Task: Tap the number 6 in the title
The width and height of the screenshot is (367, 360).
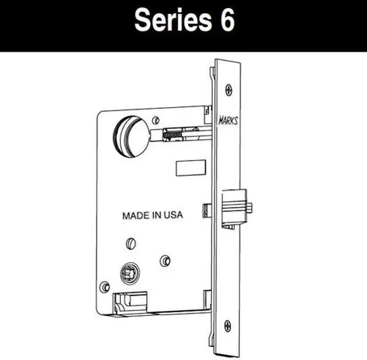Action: [x=226, y=21]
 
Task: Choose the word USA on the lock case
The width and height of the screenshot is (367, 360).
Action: [x=173, y=216]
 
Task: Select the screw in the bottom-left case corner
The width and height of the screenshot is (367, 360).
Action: [x=104, y=286]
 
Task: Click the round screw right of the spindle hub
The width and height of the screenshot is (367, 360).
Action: [x=165, y=260]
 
